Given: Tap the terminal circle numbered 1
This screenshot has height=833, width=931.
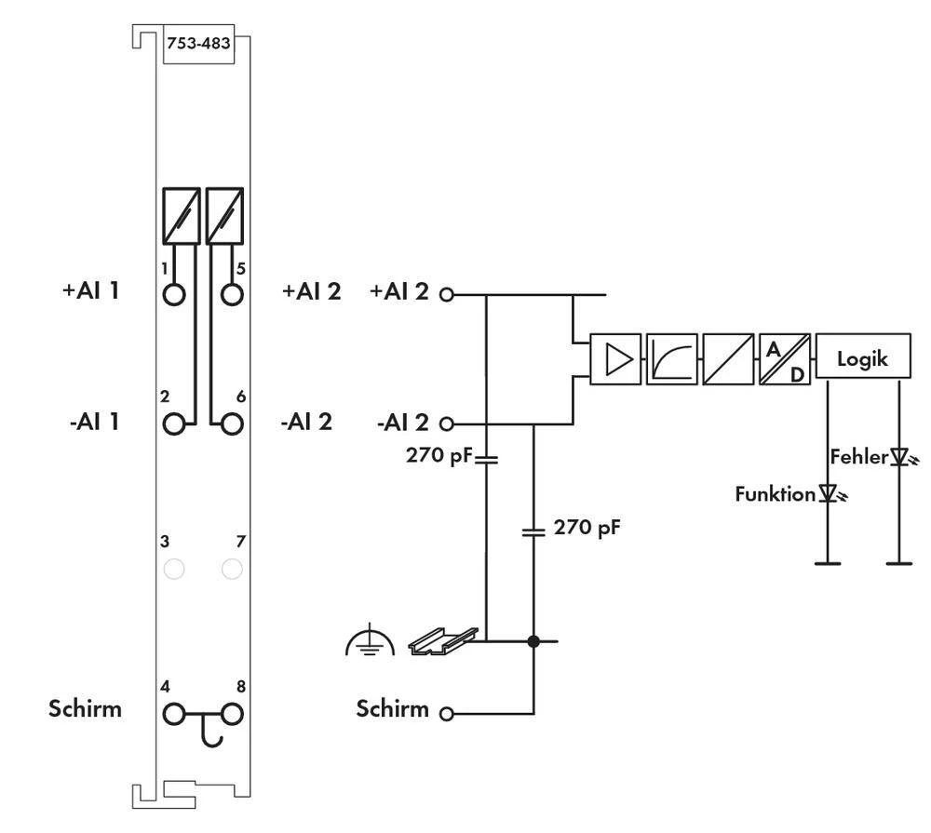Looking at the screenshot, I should tap(174, 294).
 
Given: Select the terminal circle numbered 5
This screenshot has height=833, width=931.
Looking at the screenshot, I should tap(232, 294).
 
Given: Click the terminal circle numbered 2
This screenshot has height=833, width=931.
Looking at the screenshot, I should tap(174, 423).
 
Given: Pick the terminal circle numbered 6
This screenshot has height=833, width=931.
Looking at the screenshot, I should tap(232, 423).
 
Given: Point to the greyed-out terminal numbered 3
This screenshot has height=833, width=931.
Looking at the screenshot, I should tap(173, 568).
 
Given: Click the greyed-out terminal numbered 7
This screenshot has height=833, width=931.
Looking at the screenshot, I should tap(232, 568).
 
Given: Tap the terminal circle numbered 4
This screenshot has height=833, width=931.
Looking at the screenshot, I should tap(174, 714).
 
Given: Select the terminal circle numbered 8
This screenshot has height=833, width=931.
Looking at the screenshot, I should tap(232, 714).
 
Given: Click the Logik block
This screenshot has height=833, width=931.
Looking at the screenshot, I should tap(863, 358).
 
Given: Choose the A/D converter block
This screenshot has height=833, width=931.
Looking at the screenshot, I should tap(784, 359).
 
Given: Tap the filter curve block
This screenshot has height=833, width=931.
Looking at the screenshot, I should tap(670, 359).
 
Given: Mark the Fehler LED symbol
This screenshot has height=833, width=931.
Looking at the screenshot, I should tap(898, 457).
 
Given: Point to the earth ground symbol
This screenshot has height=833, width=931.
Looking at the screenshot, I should tap(370, 642).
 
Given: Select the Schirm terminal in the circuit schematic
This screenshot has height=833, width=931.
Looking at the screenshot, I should tap(447, 714).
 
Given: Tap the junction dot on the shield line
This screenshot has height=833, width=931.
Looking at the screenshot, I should tap(533, 641).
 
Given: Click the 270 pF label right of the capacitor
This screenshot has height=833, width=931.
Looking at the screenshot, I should tap(587, 528).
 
